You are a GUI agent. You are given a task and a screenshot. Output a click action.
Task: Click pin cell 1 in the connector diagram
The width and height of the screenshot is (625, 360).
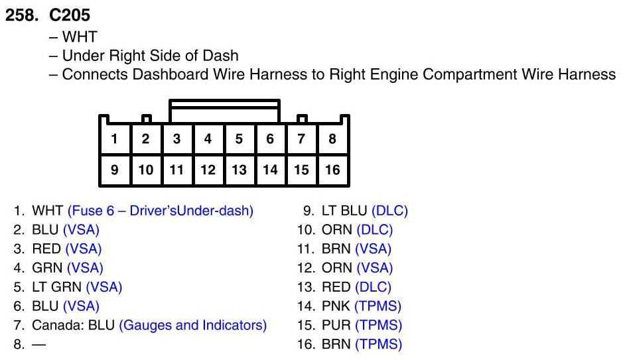click(x=115, y=139)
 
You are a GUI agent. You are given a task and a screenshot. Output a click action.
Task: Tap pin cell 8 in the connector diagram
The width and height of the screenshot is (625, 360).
click(x=332, y=139)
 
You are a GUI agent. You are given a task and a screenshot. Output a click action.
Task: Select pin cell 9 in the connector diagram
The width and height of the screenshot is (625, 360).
click(x=115, y=170)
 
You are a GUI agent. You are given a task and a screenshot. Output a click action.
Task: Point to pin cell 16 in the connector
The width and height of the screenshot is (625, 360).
click(x=332, y=170)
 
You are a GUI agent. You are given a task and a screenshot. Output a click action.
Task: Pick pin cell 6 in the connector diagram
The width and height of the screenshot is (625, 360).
click(x=270, y=139)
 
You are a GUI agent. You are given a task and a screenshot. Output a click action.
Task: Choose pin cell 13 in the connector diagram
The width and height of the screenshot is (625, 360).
click(x=239, y=170)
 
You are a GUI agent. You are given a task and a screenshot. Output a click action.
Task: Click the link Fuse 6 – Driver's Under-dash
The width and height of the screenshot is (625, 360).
click(x=161, y=211)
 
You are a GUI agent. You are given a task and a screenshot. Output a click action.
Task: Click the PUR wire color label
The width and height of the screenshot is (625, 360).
click(x=333, y=326)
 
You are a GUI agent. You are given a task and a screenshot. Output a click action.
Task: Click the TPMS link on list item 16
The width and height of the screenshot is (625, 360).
click(x=378, y=345)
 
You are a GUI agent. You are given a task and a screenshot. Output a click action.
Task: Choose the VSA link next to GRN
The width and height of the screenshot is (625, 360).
click(x=85, y=269)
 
